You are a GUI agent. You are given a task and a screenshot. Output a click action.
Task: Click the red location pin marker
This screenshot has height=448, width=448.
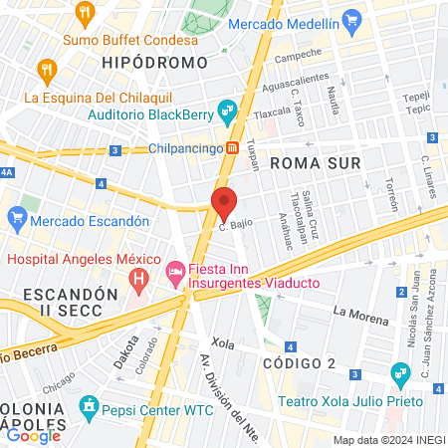click(224, 202)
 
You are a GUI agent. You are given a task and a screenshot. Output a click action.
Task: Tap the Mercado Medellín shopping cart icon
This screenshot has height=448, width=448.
click(349, 20)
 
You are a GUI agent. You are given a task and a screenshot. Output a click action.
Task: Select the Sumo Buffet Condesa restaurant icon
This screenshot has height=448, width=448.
click(85, 14)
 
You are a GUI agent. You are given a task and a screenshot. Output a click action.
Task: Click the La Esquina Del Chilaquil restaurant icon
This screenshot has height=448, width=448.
click(45, 70)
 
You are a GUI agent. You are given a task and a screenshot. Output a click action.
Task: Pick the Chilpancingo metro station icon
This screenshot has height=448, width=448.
click(231, 147)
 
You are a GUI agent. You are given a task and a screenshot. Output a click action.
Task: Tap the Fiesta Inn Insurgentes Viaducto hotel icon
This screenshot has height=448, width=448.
click(175, 270)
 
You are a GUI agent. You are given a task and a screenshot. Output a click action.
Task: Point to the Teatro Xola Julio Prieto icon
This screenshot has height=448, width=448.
click(401, 375)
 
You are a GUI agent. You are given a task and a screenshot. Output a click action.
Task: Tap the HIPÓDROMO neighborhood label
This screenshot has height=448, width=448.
click(153, 62)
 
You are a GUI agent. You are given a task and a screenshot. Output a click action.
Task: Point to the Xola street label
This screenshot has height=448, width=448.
click(223, 343)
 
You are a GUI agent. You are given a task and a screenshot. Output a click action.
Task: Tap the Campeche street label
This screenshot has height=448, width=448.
click(298, 56)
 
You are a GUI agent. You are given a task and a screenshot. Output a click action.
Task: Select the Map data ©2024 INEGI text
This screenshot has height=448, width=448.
click(388, 440)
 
